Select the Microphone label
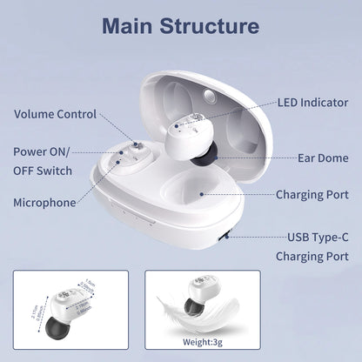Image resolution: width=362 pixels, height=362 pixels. (x=44, y=202)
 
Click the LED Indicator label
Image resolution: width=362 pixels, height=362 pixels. (x=312, y=103)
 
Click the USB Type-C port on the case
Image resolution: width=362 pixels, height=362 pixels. (x=225, y=234)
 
